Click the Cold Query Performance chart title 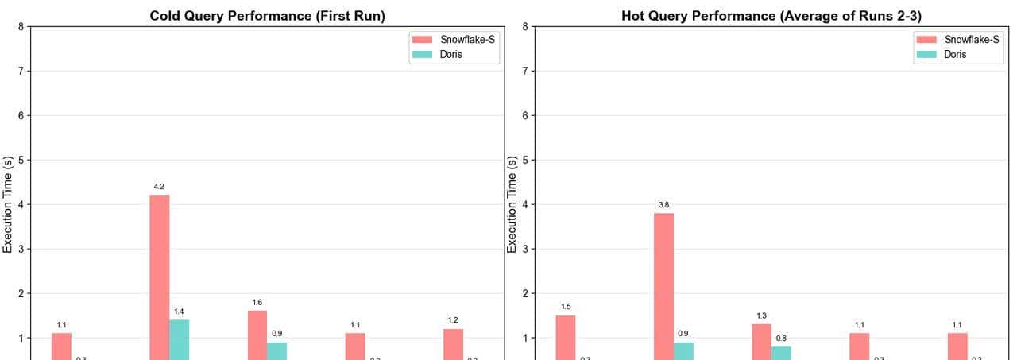tap(267, 16)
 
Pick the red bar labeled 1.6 tap(257, 335)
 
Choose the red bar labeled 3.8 tap(664, 286)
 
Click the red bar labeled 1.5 tap(566, 337)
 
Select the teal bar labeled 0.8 tap(781, 353)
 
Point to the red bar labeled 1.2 tap(453, 344)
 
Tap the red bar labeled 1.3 tap(762, 342)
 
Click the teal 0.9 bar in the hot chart tap(683, 350)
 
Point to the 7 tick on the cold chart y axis tap(21, 72)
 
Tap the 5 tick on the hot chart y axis tap(526, 161)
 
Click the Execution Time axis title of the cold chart tap(9, 204)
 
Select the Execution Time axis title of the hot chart tap(512, 204)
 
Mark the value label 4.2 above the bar tap(159, 187)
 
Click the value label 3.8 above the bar tap(663, 205)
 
